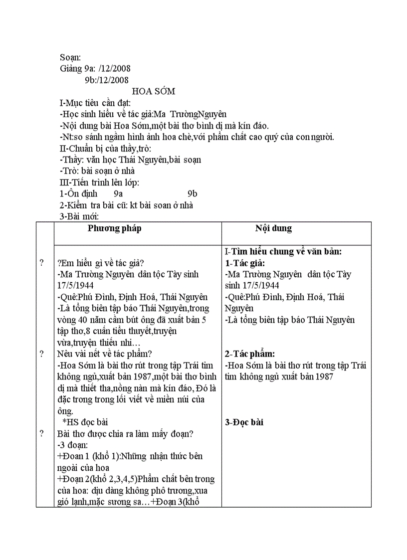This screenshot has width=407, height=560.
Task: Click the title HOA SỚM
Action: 153,92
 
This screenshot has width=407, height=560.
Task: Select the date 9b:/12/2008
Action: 107,80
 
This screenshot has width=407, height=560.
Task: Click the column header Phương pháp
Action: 115,228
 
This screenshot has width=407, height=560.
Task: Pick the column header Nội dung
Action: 273,228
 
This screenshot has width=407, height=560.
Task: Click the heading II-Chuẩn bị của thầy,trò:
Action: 105,149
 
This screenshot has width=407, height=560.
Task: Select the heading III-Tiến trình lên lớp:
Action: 100,183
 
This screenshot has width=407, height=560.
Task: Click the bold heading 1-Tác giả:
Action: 245,263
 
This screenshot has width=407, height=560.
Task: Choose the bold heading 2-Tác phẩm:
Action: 250,354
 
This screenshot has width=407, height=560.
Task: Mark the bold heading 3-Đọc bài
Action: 244,422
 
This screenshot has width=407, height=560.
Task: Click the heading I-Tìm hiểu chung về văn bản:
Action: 283,252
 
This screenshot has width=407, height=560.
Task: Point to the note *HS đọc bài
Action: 89,422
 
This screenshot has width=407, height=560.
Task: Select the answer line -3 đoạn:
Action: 73,445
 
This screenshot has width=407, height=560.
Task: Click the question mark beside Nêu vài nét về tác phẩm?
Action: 41,354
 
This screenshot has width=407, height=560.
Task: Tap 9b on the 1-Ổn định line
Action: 193,194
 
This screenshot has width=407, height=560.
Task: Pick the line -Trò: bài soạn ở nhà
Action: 97,171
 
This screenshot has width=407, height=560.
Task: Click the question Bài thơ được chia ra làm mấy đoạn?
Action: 125,434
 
